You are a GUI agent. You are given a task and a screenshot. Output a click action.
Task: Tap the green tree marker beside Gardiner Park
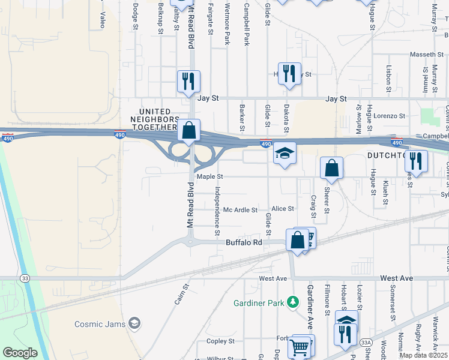click(293, 302)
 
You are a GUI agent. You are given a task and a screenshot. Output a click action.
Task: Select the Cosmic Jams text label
click(100, 324)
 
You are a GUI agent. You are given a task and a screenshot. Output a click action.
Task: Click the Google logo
click(20, 353)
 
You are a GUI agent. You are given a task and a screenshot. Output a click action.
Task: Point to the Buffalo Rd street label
click(244, 242)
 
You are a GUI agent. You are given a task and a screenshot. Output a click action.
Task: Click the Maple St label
click(209, 177)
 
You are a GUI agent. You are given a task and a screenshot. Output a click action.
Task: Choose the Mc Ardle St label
click(240, 210)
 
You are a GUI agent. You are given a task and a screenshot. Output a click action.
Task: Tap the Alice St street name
click(283, 209)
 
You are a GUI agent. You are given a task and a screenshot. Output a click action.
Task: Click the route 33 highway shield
click(25, 278)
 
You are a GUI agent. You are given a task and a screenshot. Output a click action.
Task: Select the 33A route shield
click(367, 341)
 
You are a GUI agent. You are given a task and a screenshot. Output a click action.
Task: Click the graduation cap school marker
click(285, 154)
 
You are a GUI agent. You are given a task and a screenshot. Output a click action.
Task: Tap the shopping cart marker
click(299, 347)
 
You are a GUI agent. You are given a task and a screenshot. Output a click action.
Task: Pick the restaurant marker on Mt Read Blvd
click(188, 81)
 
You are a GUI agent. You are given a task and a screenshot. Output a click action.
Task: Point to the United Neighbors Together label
click(159, 119)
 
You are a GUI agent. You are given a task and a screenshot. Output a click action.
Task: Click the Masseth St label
click(426, 55)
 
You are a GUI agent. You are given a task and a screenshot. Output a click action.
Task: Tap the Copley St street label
click(220, 341)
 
